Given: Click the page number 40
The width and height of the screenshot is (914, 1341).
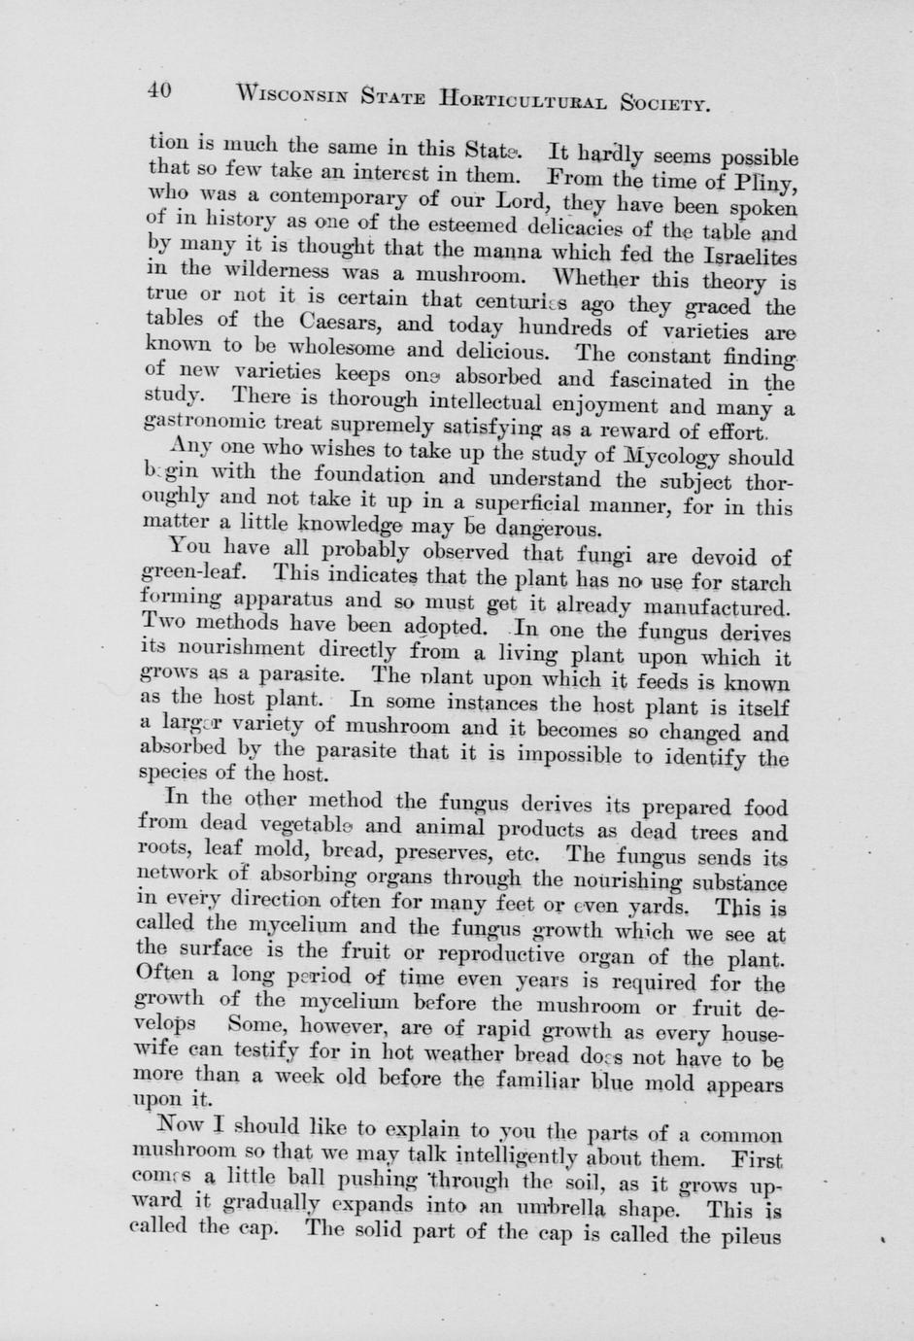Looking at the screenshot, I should coord(159,90).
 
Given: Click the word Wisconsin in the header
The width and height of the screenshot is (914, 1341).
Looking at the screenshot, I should coord(292,95).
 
